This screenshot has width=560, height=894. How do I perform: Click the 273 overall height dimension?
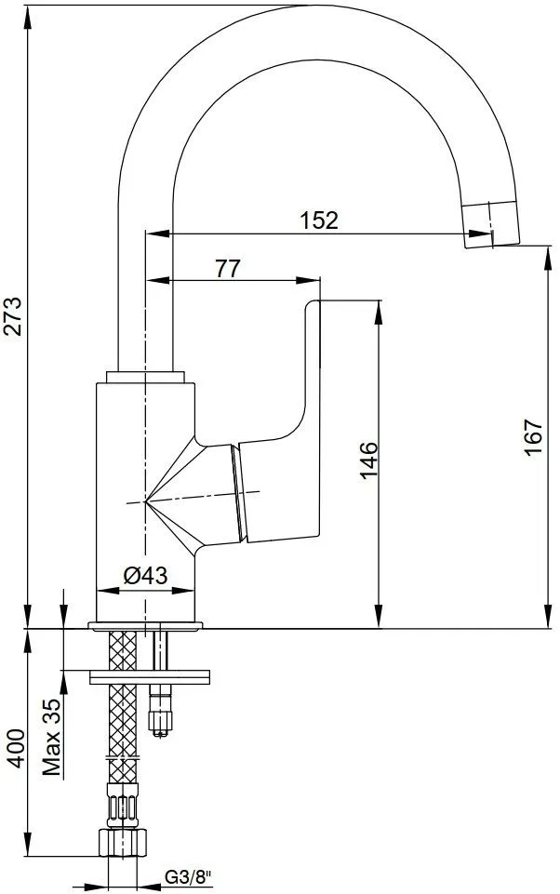tap(12, 316)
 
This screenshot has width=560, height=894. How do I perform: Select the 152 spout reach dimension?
tap(319, 220)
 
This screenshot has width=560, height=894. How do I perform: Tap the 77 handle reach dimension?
tap(228, 268)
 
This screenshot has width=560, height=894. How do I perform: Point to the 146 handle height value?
tap(369, 460)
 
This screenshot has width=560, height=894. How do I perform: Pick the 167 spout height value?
tap(534, 437)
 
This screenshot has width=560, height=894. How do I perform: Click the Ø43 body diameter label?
tap(145, 576)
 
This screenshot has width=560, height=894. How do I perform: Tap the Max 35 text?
tap(52, 737)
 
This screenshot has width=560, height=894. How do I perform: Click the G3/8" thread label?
tap(188, 875)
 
